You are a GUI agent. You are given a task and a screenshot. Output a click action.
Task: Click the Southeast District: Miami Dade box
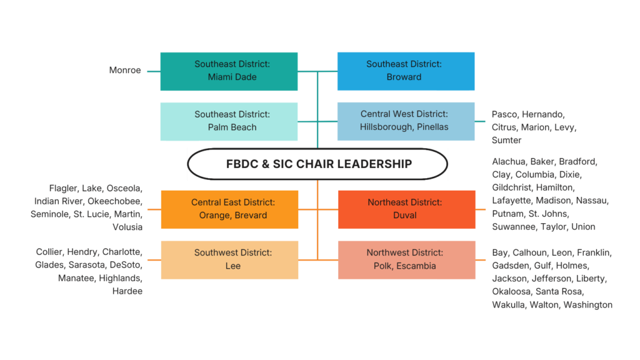[x=229, y=71]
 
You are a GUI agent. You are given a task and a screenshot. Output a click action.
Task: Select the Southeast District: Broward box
[x=406, y=71]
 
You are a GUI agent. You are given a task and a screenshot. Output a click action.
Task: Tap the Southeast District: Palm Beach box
[x=229, y=122]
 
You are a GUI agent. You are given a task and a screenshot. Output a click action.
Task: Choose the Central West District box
[x=406, y=122]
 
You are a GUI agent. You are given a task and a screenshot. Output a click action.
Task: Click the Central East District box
[x=230, y=209]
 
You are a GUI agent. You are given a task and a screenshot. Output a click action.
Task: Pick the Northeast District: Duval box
[x=407, y=209]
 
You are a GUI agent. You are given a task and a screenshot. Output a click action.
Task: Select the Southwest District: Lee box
[x=230, y=260]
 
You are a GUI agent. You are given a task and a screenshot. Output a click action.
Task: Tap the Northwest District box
[x=407, y=260]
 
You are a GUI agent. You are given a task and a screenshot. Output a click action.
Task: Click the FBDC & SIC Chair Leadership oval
[x=317, y=164]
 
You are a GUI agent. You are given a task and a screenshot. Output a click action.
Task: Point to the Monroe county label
[x=125, y=70]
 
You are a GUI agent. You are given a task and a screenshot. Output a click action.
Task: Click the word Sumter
[x=506, y=141]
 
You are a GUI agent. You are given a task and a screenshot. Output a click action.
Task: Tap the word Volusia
[x=127, y=227]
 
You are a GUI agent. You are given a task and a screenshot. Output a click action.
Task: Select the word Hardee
[x=127, y=291]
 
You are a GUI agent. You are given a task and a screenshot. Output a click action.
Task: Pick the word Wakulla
[x=509, y=305]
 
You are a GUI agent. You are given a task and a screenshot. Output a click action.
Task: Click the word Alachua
[x=509, y=162]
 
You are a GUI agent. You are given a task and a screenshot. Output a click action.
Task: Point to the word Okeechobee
[x=115, y=201]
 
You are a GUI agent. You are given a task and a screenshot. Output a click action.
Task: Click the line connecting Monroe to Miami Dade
[x=154, y=71]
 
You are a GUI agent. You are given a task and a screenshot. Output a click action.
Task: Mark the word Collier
[x=49, y=252]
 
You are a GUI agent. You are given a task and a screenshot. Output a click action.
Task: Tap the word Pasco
[x=505, y=114]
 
